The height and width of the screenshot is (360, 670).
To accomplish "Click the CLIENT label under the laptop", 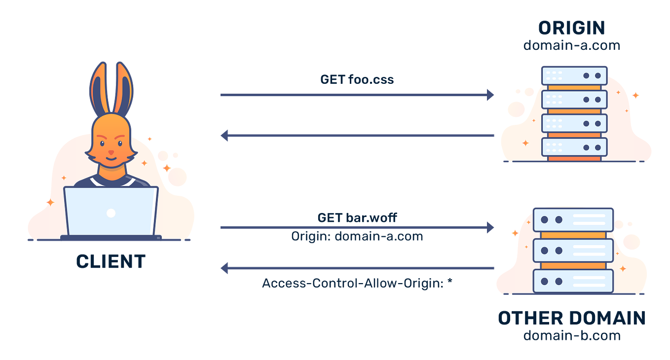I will (111, 261).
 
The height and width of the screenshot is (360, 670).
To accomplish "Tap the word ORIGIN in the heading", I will (571, 29).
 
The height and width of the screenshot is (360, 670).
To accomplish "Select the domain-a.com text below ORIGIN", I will (571, 45).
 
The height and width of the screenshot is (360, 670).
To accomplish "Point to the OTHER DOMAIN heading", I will (571, 318).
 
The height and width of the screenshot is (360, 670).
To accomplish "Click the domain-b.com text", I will (571, 336).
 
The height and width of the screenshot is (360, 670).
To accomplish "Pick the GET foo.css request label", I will (357, 79).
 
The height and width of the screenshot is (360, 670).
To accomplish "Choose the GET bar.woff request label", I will (357, 217).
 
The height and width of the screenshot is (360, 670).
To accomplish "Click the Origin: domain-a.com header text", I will (357, 236).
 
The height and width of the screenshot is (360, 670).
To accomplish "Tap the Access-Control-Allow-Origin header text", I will (357, 284).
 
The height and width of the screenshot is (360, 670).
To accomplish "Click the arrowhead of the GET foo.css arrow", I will (491, 95).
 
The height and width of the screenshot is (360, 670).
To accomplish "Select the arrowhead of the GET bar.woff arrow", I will (491, 227).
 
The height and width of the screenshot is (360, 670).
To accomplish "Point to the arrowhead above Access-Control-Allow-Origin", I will (224, 269).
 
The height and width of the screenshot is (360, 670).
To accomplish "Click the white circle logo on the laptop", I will (111, 213).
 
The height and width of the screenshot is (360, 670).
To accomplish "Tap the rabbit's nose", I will (111, 152).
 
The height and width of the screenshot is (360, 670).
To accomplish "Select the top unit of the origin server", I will (574, 76).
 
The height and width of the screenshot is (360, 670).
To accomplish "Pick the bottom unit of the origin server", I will (574, 146).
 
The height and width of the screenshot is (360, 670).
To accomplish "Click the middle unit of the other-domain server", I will (573, 250).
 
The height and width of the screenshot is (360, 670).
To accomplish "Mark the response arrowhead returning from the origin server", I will (224, 135).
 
